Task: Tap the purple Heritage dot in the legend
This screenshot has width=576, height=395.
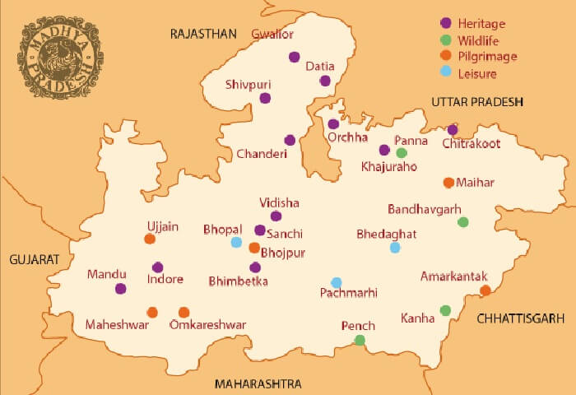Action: [446, 24]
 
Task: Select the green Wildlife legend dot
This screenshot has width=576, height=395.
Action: [446, 40]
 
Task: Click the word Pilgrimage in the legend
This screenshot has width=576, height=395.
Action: [490, 57]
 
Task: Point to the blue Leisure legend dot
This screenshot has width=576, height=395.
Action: [446, 73]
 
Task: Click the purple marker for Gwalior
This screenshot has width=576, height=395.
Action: [294, 57]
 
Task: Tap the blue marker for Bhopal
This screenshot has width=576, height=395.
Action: [236, 242]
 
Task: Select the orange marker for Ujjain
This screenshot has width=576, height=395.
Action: [150, 239]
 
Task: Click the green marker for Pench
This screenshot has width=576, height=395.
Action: [360, 340]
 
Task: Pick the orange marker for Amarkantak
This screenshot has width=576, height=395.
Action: [485, 290]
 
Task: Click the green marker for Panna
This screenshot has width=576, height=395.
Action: [402, 152]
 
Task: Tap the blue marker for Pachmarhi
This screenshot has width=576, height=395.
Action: [336, 282]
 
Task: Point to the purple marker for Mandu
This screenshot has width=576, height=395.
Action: [121, 288]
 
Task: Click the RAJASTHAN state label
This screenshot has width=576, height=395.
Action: [203, 34]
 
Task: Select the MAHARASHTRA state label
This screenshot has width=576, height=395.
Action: [258, 384]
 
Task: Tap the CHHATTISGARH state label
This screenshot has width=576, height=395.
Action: [521, 318]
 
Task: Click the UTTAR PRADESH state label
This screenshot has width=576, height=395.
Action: [477, 100]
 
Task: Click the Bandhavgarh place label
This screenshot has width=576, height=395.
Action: [424, 209]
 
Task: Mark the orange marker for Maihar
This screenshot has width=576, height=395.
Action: [448, 182]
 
